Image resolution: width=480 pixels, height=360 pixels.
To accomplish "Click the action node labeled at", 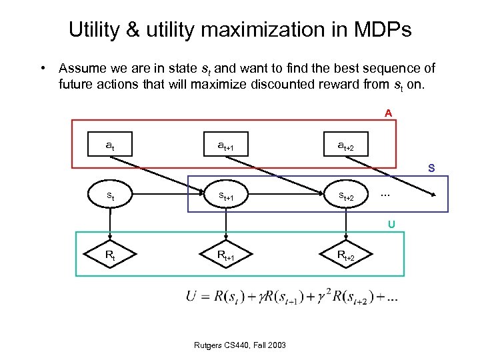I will click(x=109, y=144).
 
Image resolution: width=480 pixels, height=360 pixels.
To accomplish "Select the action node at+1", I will click(x=226, y=144).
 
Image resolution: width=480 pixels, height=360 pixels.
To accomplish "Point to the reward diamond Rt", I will click(x=109, y=255).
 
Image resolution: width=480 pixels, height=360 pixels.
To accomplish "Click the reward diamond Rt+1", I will click(x=226, y=255).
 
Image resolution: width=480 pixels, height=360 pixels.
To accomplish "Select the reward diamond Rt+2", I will click(x=345, y=255).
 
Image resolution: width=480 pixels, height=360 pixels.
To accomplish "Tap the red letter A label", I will click(x=388, y=113).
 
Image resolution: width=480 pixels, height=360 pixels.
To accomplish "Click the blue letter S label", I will click(x=431, y=169).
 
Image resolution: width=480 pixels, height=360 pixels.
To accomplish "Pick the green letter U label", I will click(x=391, y=224).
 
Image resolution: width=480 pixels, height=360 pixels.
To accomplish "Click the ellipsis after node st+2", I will click(x=384, y=195).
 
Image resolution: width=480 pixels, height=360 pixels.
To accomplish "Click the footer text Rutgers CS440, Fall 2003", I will click(x=240, y=345).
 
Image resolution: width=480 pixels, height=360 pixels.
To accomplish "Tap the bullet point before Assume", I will click(x=43, y=69).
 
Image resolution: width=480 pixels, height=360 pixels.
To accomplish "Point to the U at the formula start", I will click(x=191, y=296).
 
